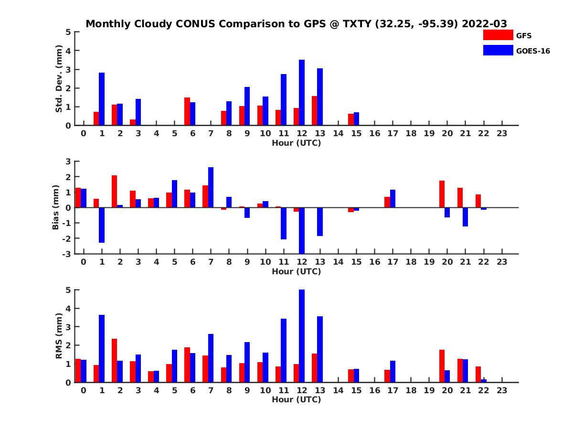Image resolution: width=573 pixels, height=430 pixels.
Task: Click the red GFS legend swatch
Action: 498,35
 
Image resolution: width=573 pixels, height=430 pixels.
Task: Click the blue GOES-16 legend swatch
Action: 498,50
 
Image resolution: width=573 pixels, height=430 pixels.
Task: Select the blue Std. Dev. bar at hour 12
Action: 302,93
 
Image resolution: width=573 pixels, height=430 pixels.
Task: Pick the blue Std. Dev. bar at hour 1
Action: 102,99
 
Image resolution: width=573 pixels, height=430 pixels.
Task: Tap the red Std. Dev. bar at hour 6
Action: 187,111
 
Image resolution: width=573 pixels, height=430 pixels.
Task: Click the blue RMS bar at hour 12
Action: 302,336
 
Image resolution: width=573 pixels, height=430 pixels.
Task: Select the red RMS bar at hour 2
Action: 115,360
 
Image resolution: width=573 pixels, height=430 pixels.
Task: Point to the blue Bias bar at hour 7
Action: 211,187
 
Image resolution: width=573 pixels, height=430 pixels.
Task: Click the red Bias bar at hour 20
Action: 442,194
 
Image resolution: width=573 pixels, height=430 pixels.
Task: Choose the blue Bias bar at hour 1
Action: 102,225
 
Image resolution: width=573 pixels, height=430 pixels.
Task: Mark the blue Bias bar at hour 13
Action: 320,222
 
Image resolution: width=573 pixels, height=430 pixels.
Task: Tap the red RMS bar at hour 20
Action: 442,366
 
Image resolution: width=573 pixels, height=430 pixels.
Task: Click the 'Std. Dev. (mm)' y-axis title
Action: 59,79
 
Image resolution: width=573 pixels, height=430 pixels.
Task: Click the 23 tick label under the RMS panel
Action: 501,390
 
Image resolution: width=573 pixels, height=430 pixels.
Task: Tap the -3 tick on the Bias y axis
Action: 67,254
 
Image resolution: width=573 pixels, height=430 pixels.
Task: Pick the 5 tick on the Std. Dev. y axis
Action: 69,32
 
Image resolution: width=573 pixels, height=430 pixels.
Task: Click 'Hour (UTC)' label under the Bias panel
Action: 296,271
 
